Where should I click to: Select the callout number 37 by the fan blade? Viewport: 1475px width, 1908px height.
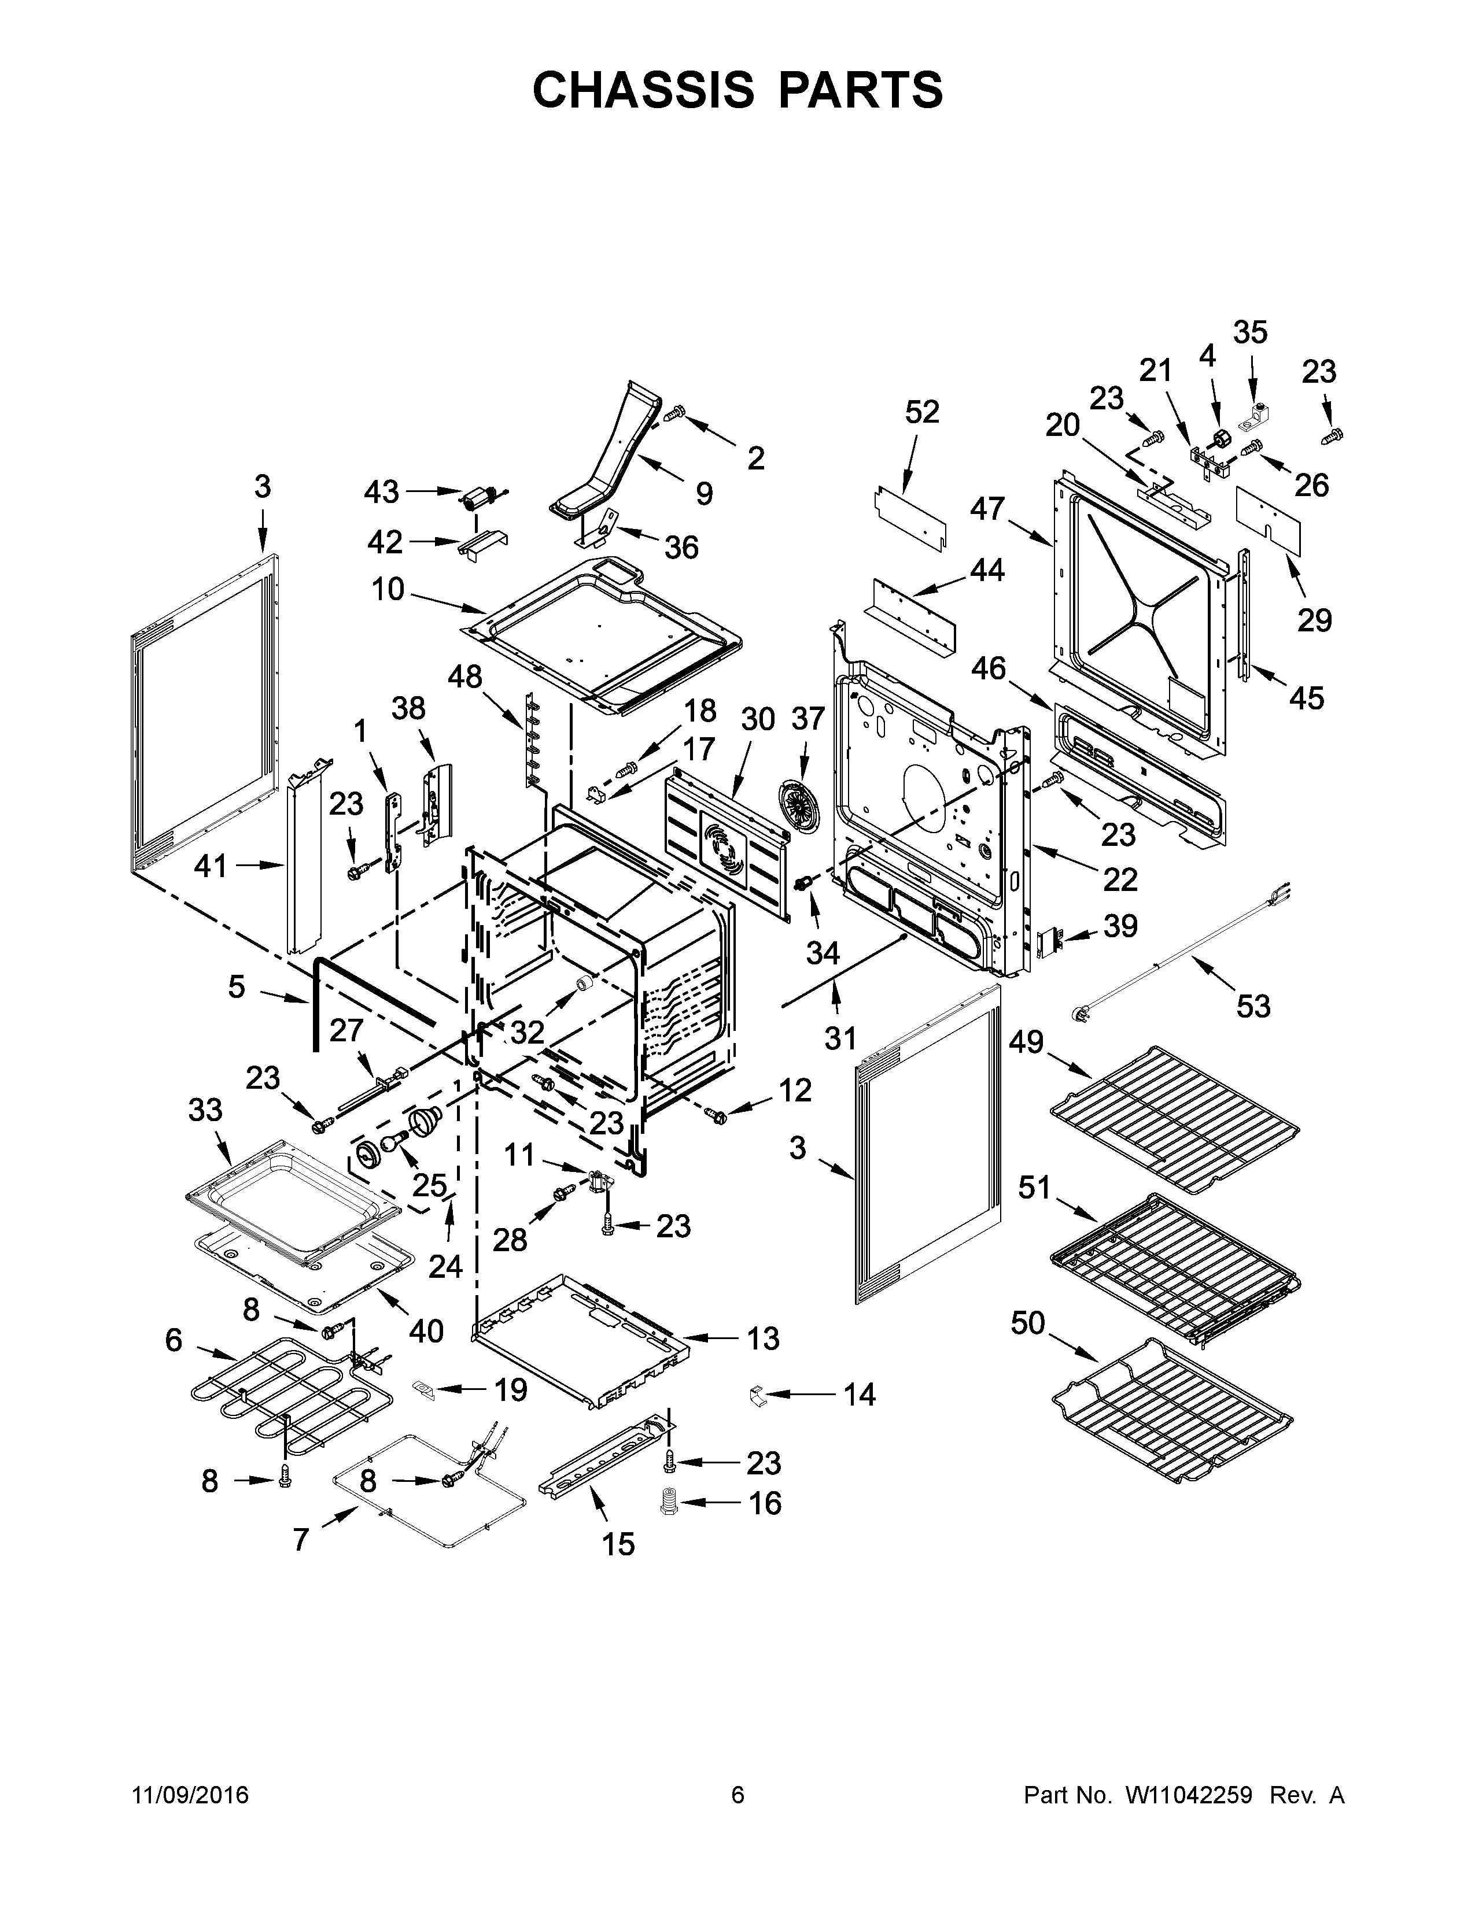807,719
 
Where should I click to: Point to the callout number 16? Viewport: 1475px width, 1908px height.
765,1503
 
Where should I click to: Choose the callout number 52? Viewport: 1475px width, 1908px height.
922,412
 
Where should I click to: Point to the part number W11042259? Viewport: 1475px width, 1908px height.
1189,1795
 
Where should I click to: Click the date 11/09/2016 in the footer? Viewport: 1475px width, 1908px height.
190,1795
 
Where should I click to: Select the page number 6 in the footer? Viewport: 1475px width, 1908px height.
738,1795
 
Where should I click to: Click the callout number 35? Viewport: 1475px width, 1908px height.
1249,333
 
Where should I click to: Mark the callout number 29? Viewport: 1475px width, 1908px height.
1314,620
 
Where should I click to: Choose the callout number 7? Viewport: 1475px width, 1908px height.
301,1539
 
